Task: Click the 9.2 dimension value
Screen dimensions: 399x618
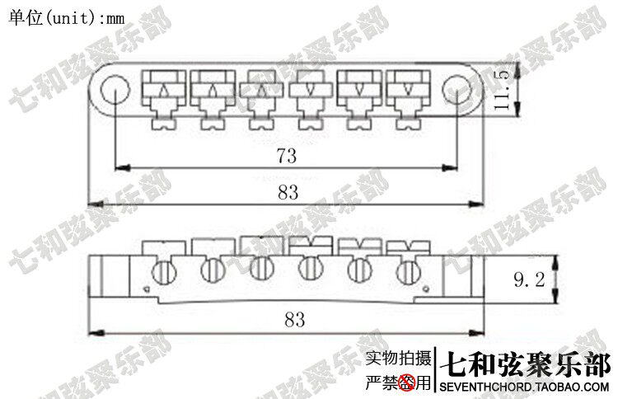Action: (528, 280)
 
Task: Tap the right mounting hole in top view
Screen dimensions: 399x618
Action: (455, 89)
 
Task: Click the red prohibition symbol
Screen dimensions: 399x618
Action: (405, 383)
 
